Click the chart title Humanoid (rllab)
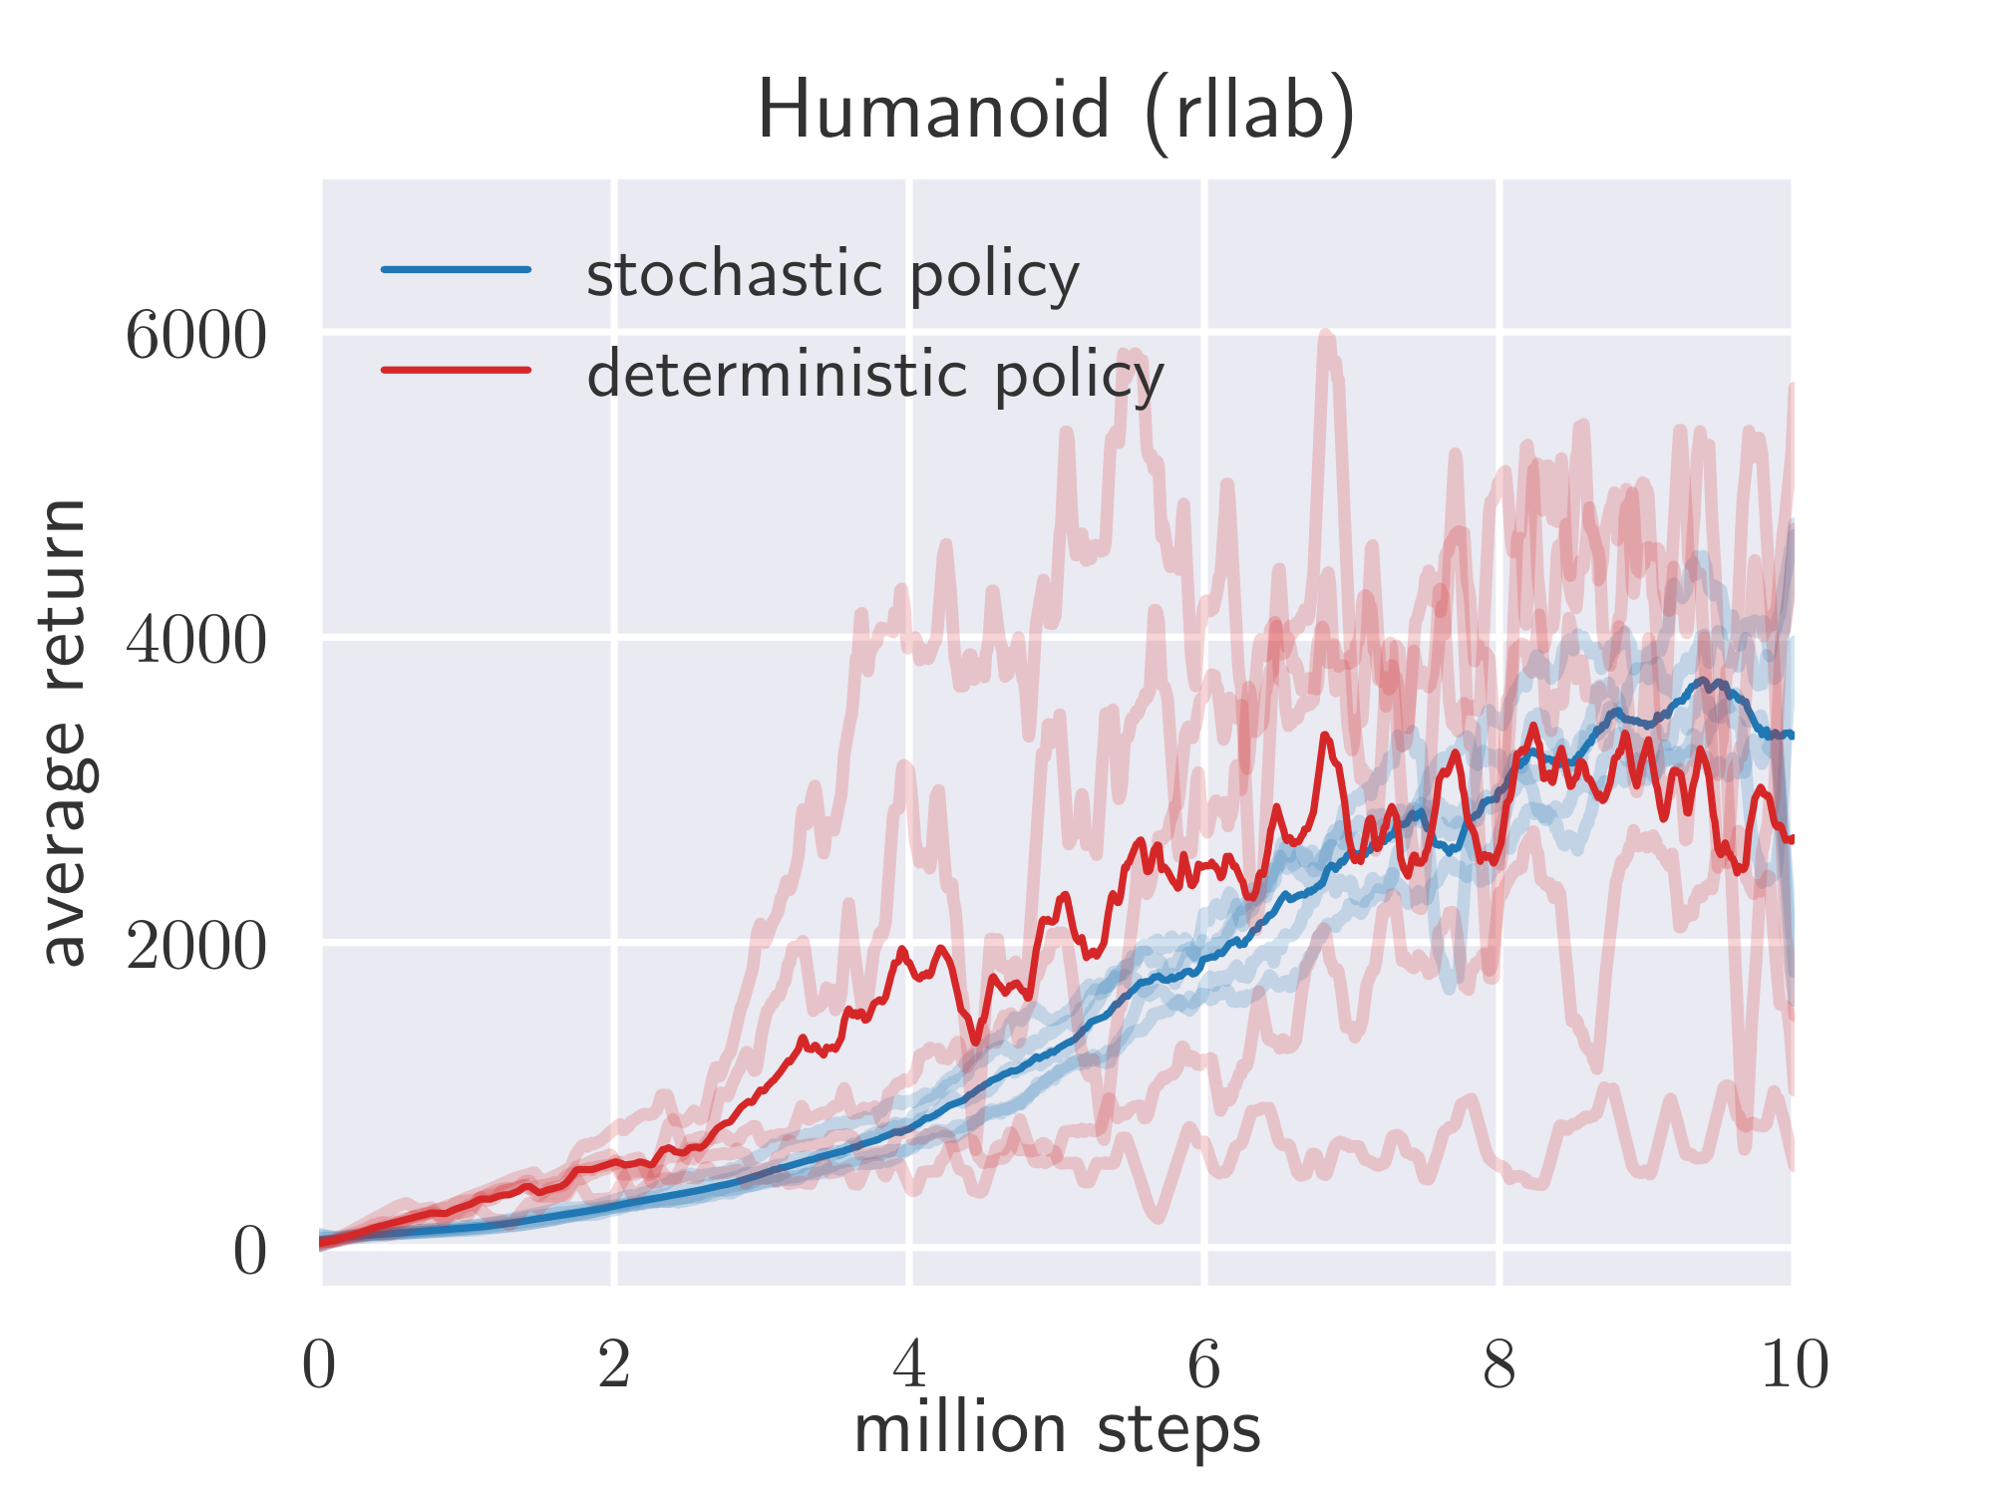pos(1057,112)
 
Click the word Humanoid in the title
pos(933,112)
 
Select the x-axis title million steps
pos(1057,1431)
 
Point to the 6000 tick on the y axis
pos(195,337)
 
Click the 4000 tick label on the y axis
pos(195,641)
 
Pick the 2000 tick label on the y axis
pos(195,946)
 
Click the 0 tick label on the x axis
pos(319,1365)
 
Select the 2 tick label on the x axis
pos(614,1365)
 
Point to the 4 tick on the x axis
pos(909,1365)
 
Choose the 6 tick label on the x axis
pos(1204,1365)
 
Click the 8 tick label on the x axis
pos(1498,1365)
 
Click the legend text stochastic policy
pos(832,275)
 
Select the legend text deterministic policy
pos(875,377)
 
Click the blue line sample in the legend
pos(457,269)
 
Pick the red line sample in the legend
pos(457,370)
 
